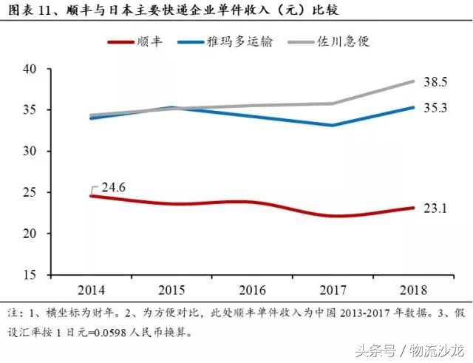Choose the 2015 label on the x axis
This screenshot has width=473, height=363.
tap(172, 289)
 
